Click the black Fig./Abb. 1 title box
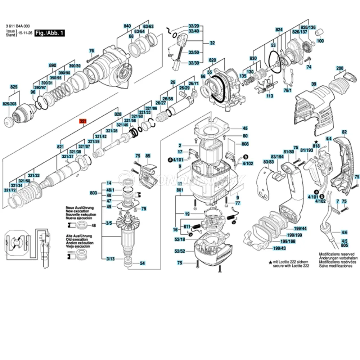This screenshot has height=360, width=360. [x=48, y=33]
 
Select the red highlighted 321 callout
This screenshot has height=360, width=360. [x=83, y=122]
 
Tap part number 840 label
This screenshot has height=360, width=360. [x=127, y=26]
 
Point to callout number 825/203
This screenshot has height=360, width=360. [x=10, y=104]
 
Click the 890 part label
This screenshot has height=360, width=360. [x=53, y=66]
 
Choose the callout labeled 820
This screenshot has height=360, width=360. [x=212, y=60]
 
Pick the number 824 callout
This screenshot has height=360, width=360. [x=279, y=29]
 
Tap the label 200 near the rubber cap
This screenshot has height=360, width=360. [x=339, y=68]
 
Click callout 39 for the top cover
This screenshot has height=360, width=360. [x=314, y=84]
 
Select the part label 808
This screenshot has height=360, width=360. [x=245, y=144]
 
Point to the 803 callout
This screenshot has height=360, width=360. [x=94, y=193]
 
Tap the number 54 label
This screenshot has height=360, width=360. [x=142, y=264]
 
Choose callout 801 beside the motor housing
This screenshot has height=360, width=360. [x=180, y=190]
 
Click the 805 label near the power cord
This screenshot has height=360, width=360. [x=345, y=245]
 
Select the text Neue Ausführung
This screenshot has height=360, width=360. [x=80, y=208]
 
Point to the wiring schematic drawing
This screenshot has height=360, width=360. [x=27, y=245]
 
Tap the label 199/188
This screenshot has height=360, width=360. [x=288, y=241]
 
